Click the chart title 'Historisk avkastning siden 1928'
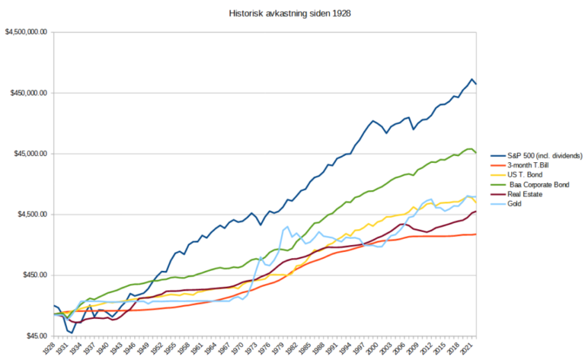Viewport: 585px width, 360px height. coord(292,14)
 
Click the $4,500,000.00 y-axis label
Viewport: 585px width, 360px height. coord(26,32)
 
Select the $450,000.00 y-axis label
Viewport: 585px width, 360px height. coord(28,93)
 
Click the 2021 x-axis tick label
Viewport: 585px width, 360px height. coord(472,349)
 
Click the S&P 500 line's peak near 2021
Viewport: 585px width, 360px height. coord(472,79)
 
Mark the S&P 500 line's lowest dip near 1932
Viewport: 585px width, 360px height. coord(72,333)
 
